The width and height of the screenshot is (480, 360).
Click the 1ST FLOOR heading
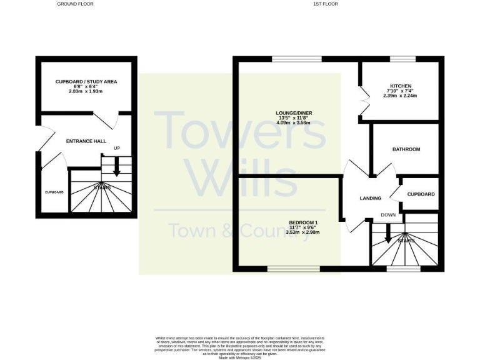(325, 4)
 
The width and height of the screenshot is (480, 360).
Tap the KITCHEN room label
(401, 86)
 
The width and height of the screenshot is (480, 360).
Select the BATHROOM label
(406, 149)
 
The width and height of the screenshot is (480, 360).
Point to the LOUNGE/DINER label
(294, 113)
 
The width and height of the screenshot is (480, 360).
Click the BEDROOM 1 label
(303, 222)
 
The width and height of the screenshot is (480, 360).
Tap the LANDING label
(371, 198)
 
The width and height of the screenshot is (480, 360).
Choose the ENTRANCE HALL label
(86, 141)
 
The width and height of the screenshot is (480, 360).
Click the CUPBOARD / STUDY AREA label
(86, 82)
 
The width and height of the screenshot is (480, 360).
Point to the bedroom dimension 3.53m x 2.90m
(303, 232)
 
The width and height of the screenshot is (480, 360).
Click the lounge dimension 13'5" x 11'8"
(294, 118)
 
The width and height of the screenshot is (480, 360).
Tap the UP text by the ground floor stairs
(116, 148)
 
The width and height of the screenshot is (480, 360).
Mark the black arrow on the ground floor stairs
(116, 169)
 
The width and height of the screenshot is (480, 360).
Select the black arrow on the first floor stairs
(388, 234)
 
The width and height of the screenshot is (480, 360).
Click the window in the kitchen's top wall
(402, 59)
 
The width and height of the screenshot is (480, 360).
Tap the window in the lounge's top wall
(297, 59)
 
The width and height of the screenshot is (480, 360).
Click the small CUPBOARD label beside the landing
(421, 194)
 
